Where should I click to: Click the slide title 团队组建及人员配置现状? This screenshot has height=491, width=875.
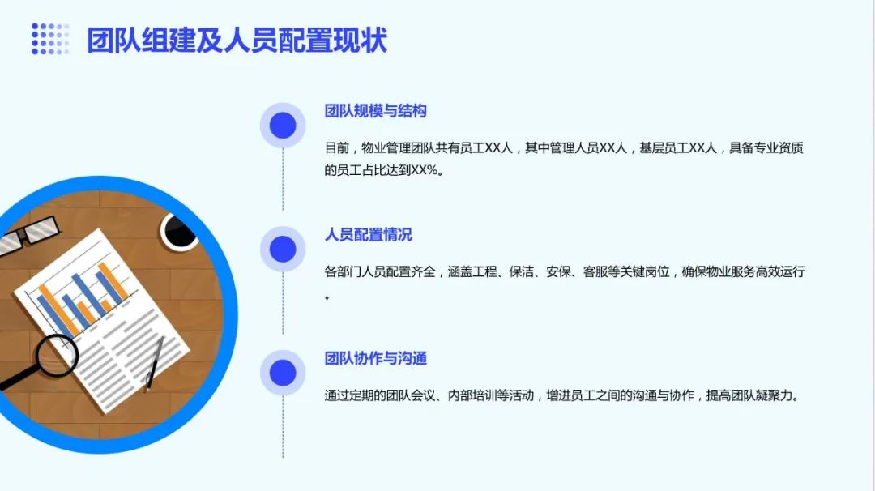click(237, 41)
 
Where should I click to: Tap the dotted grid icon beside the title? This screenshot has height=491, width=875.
click(50, 39)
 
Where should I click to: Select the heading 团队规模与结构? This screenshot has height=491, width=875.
click(376, 111)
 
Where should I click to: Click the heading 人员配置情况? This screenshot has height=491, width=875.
click(369, 234)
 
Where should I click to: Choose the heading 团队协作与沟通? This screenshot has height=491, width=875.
click(376, 358)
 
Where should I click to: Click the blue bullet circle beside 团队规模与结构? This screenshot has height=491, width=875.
click(283, 126)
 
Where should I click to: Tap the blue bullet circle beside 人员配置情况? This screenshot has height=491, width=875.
click(283, 249)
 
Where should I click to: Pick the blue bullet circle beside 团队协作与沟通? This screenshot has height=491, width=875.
click(283, 373)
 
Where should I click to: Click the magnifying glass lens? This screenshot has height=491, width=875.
click(57, 355)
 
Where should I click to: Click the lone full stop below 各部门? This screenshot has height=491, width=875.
click(327, 297)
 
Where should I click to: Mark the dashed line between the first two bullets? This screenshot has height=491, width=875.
click(283, 180)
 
